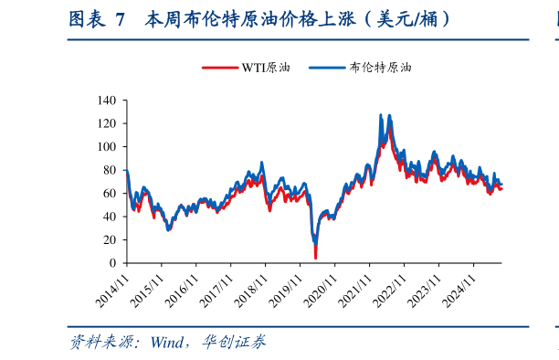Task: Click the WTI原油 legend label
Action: [265, 68]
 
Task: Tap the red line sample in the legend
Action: [218, 68]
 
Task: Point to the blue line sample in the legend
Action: [327, 68]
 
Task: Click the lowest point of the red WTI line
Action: [316, 259]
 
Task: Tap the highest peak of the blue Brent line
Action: [381, 114]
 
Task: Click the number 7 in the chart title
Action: [120, 19]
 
